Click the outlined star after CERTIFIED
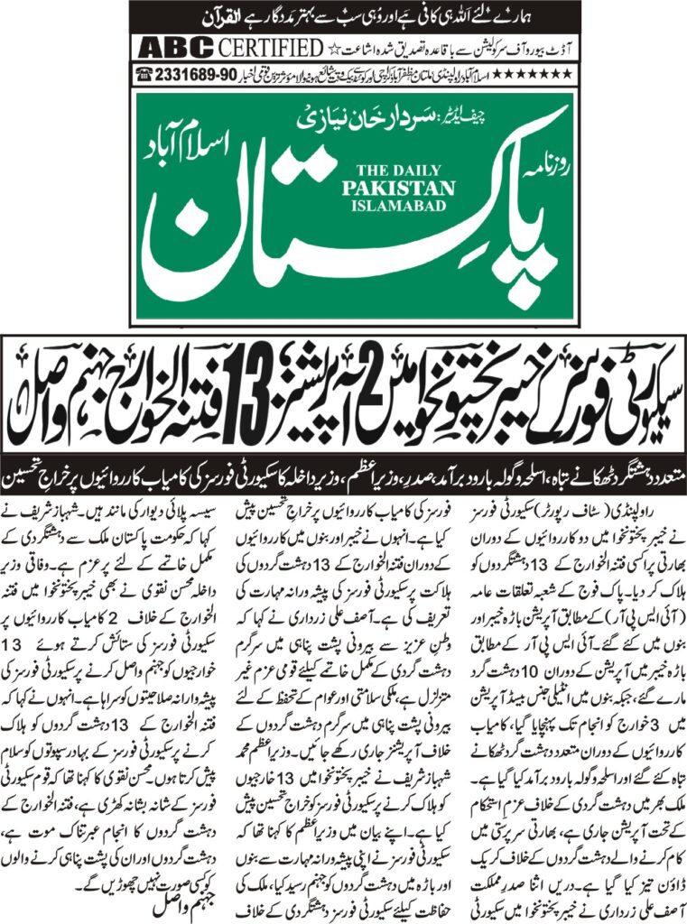[x=331, y=47]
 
